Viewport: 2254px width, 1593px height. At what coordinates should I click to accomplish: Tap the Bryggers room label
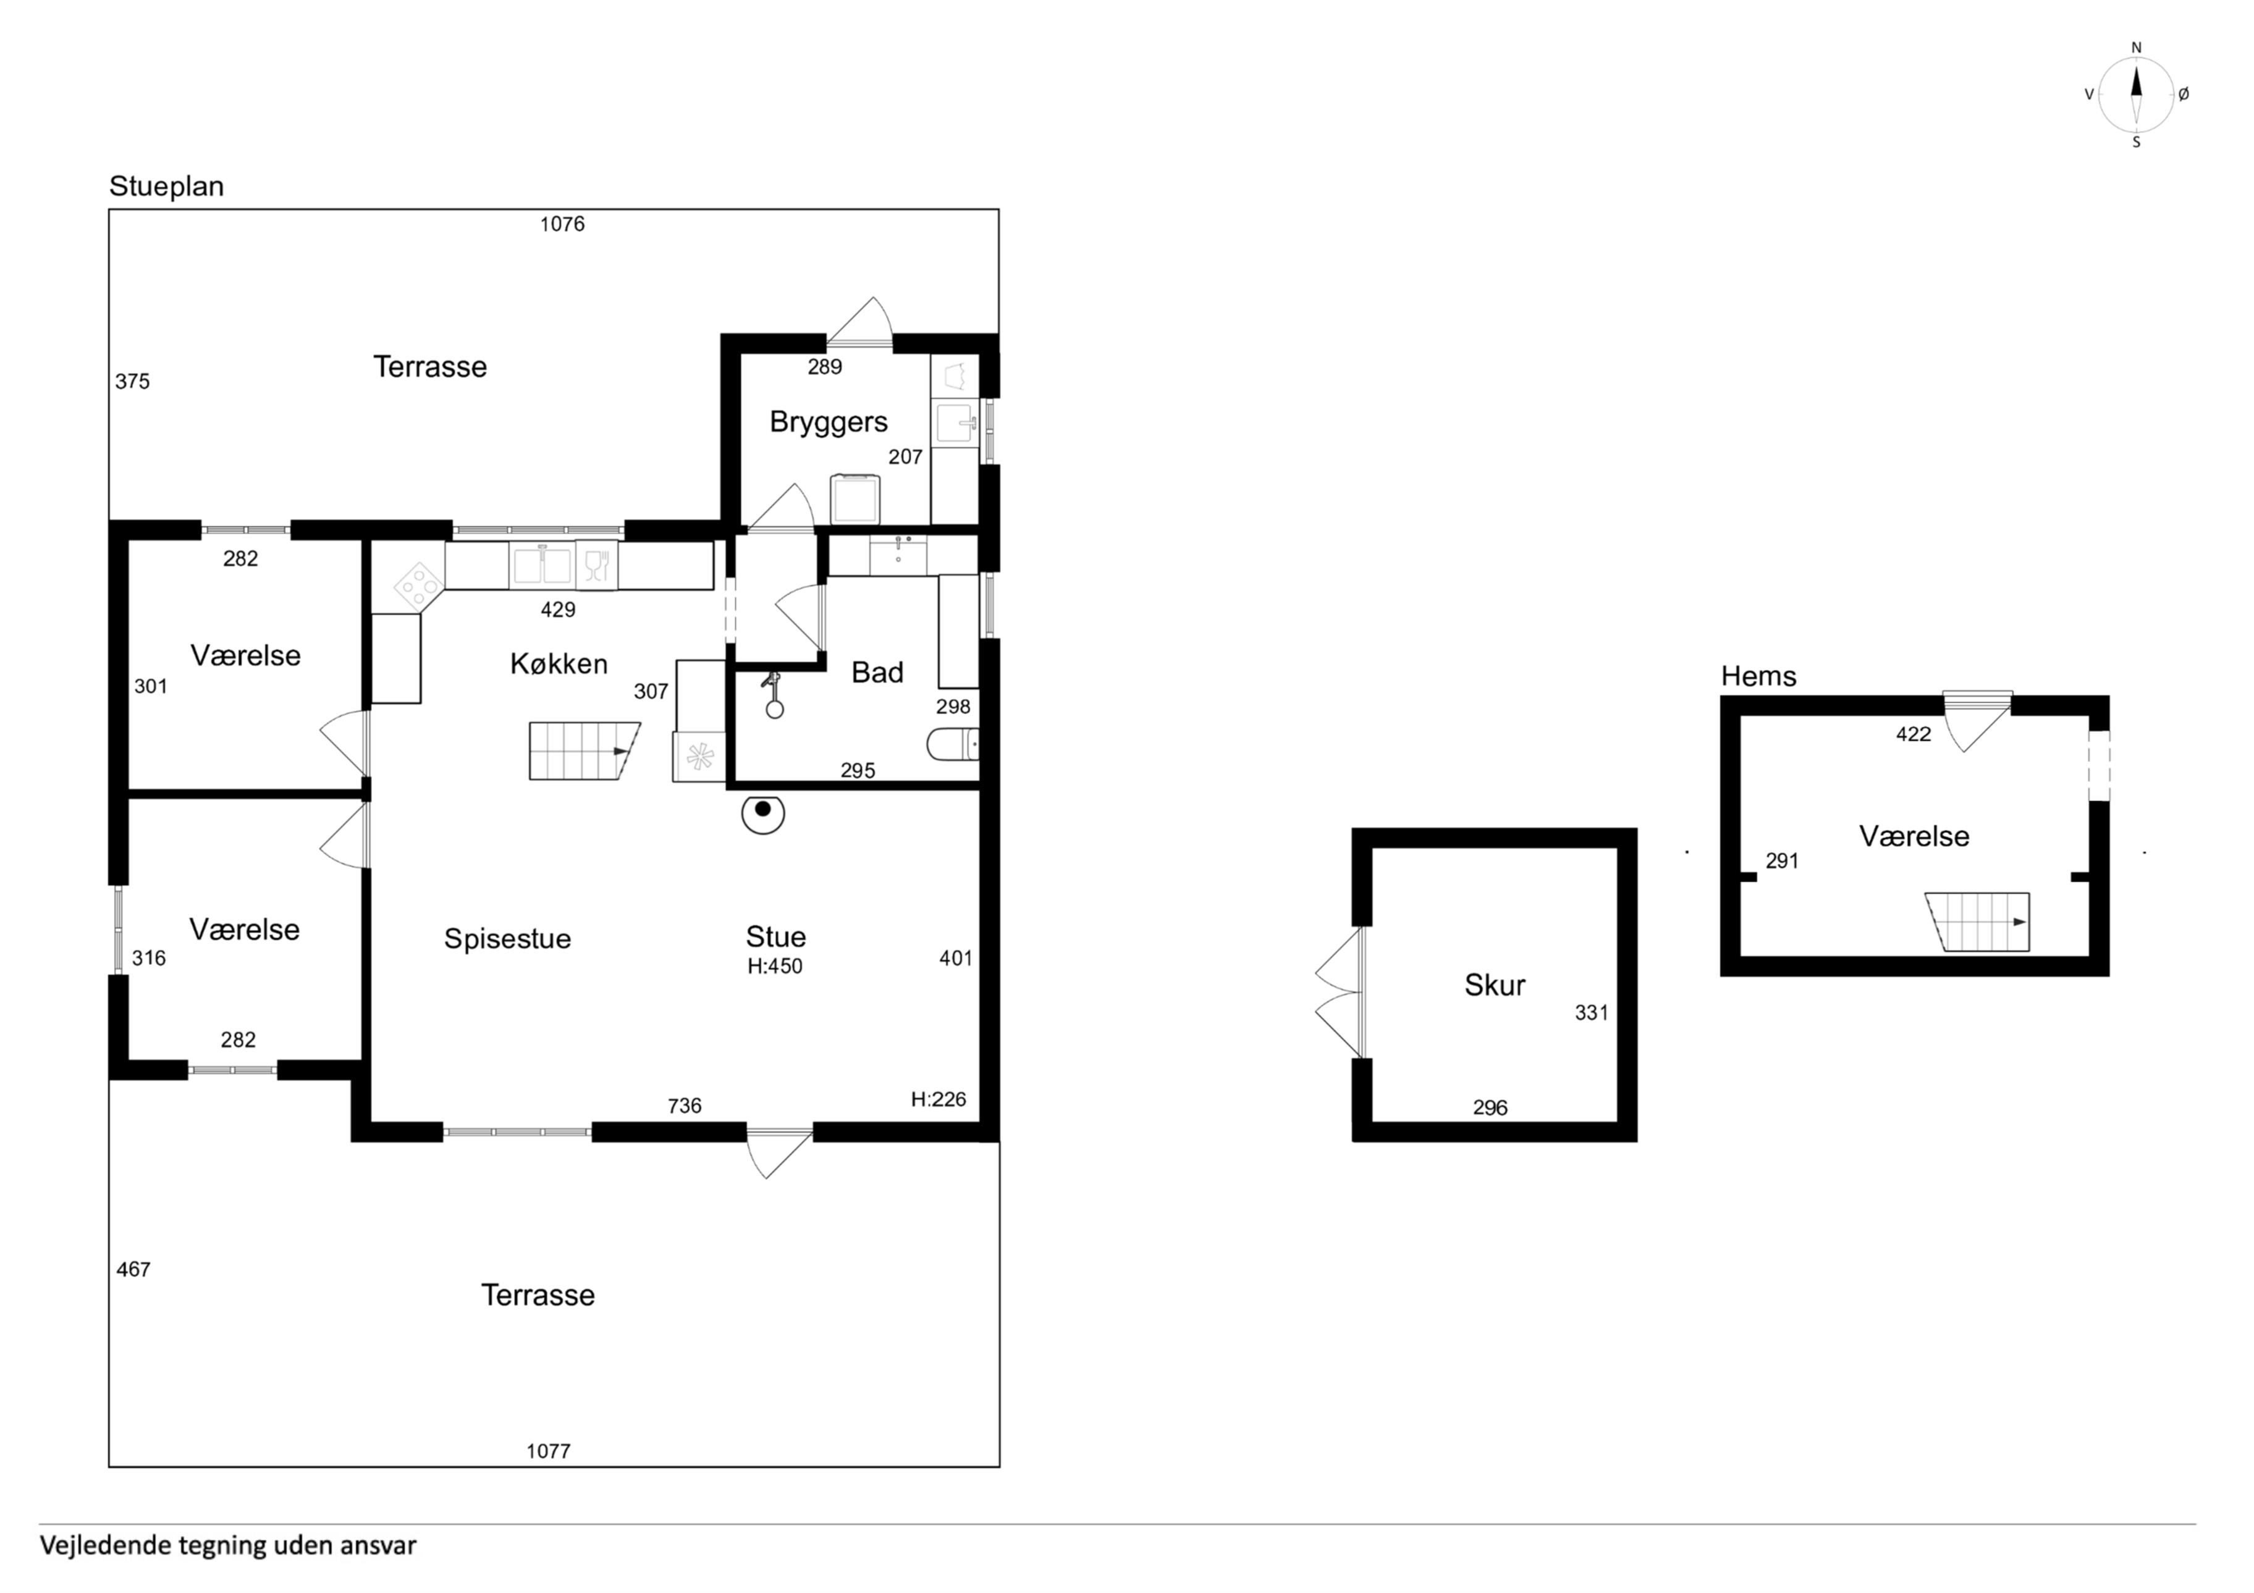click(x=829, y=422)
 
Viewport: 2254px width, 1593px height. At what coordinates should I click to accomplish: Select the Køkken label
click(x=559, y=665)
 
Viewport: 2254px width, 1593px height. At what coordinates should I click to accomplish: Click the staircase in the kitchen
click(x=584, y=751)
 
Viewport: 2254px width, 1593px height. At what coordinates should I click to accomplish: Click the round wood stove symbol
click(x=763, y=813)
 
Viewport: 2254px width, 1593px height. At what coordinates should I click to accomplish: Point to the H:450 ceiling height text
click(x=775, y=966)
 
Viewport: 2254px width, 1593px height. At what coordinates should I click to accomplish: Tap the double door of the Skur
click(x=1339, y=993)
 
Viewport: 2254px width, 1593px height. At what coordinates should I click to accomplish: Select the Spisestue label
click(x=507, y=939)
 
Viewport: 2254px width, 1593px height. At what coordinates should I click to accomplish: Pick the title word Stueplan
click(x=166, y=187)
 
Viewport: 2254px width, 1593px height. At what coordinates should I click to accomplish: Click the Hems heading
click(x=1758, y=676)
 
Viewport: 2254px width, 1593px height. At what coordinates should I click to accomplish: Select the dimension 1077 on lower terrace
click(x=548, y=1451)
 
